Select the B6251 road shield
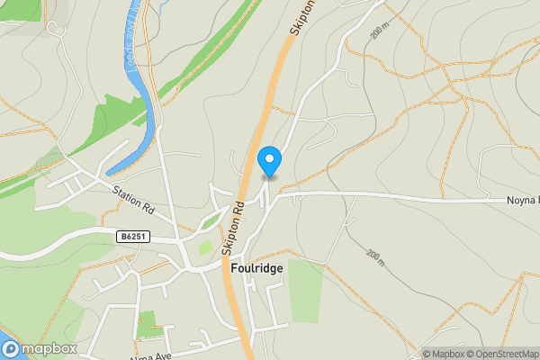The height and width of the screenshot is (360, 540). [130, 236]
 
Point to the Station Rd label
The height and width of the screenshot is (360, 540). [134, 200]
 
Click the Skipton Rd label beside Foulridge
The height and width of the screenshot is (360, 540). [238, 221]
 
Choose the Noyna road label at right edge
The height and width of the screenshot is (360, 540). [521, 200]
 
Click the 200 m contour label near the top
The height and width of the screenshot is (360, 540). [381, 31]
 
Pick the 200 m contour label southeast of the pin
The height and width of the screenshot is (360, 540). [375, 257]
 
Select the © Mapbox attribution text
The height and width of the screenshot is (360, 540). [445, 354]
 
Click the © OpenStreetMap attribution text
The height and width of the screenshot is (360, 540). [502, 354]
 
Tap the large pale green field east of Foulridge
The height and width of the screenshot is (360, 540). [306, 288]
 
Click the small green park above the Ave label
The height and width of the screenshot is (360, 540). [146, 322]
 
